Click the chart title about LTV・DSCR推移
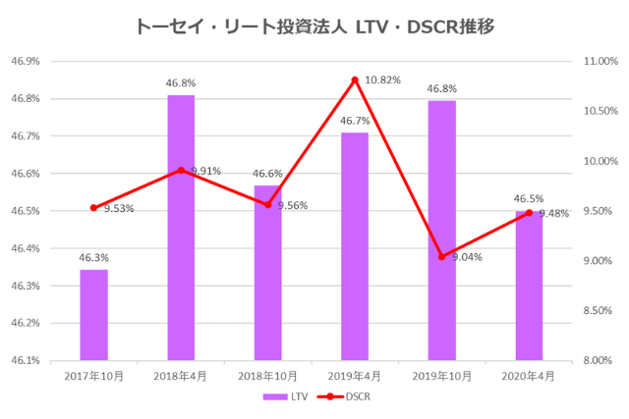[x=314, y=26]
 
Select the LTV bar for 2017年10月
[x=93, y=314]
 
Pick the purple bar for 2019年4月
[x=355, y=245]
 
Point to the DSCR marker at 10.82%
[x=355, y=79]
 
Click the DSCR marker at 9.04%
[x=441, y=257]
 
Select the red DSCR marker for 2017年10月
[x=93, y=208]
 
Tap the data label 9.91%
[x=205, y=171]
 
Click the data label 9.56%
[x=293, y=206]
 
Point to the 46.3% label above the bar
[x=93, y=258]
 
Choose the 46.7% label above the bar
[x=355, y=121]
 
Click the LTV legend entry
[x=288, y=397]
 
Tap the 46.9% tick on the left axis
[x=25, y=61]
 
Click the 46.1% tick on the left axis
[x=25, y=360]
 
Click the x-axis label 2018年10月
[x=267, y=376]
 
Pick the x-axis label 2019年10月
[x=441, y=376]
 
